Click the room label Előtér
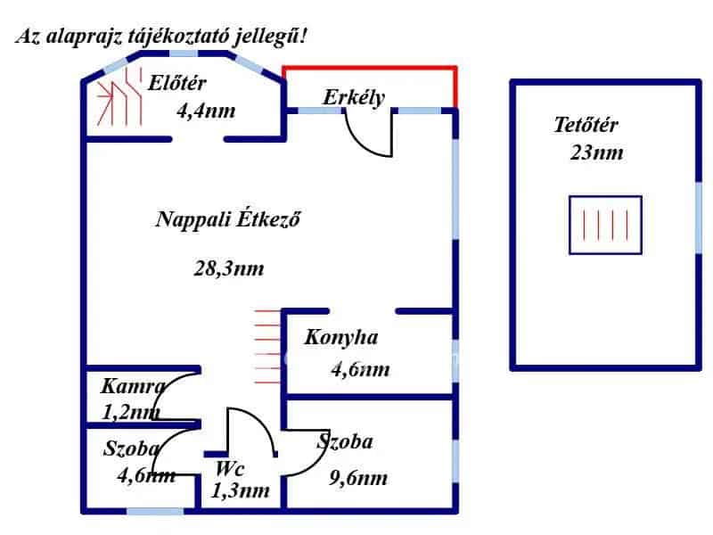[x=177, y=84]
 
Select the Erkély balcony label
[x=354, y=96]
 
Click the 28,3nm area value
[x=228, y=267]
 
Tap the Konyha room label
[x=341, y=337]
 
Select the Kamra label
[x=133, y=387]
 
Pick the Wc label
[x=230, y=468]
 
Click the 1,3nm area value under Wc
[x=240, y=490]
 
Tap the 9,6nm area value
[x=358, y=479]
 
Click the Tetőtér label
[x=586, y=125]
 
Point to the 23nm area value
[x=596, y=152]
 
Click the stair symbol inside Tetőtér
[x=605, y=226]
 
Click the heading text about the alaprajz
[x=161, y=37]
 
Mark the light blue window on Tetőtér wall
[x=699, y=217]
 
